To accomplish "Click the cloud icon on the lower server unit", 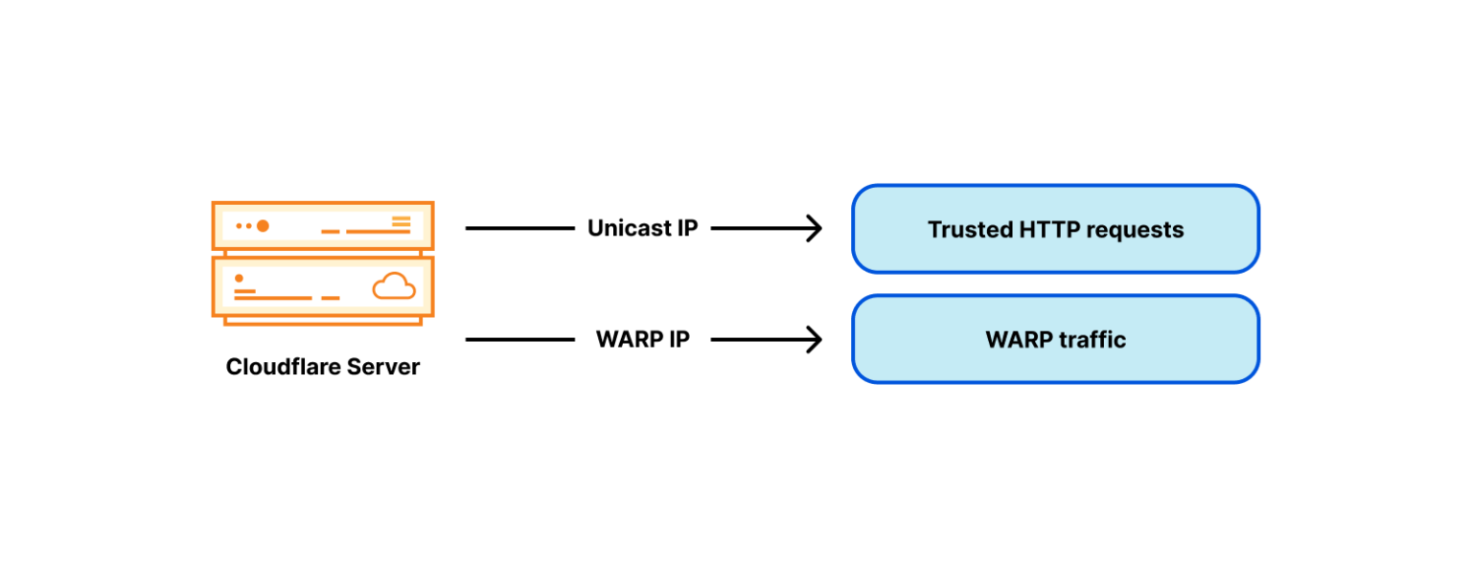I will [394, 285].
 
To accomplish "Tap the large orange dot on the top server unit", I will [263, 226].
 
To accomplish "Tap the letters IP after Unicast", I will [686, 229].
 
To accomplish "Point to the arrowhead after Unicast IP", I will [815, 229].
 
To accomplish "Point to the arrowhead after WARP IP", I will [815, 340].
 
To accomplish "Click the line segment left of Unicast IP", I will [518, 229].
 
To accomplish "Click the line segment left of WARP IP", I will [518, 340].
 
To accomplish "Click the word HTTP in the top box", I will [1045, 230].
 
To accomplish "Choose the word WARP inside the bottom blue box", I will [1019, 340].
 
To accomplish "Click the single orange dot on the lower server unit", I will [239, 278].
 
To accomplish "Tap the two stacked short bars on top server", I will [401, 222].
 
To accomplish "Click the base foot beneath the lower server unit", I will [323, 321].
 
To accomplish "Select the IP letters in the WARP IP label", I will [678, 340].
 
